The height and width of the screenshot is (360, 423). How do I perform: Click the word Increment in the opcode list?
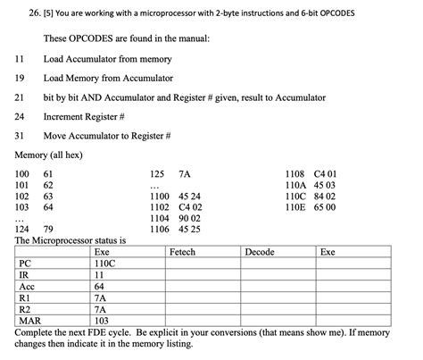pos(64,116)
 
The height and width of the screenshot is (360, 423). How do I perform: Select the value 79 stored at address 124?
pos(48,229)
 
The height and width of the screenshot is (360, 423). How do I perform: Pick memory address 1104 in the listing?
pos(160,217)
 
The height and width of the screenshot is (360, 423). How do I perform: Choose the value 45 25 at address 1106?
pos(189,229)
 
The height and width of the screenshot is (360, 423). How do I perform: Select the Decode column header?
pos(259,253)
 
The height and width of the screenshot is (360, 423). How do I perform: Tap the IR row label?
pos(24,276)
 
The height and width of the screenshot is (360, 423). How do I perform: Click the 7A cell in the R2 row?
pos(100,310)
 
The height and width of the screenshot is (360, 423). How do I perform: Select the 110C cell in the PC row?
pos(104,264)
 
